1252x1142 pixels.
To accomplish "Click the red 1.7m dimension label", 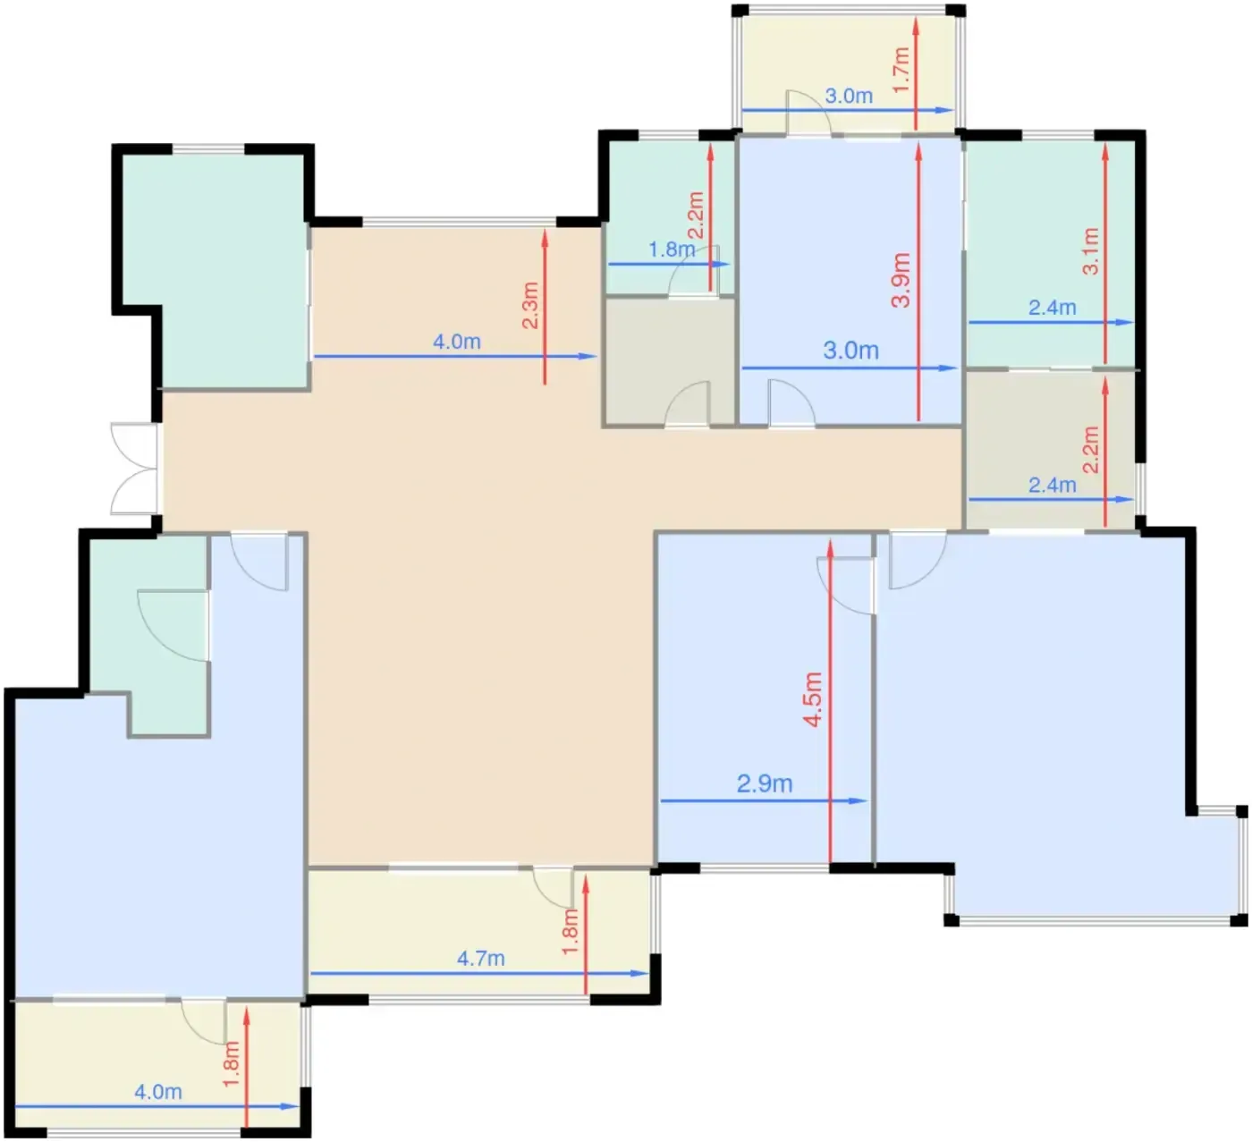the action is [x=901, y=70].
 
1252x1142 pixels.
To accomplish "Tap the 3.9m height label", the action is [x=901, y=280].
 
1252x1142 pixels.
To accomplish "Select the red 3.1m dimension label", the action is [x=1090, y=251].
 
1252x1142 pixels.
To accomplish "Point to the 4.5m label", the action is [x=813, y=700].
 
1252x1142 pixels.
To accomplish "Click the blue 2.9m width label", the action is [x=765, y=783].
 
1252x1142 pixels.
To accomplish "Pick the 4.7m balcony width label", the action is [x=480, y=959].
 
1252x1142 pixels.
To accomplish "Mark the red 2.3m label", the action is [x=529, y=306].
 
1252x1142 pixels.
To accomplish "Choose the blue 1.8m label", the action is [x=672, y=250].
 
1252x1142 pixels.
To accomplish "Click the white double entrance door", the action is [x=134, y=469].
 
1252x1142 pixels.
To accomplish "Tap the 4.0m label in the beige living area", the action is [x=457, y=342].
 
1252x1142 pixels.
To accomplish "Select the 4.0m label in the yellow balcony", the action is [x=158, y=1092].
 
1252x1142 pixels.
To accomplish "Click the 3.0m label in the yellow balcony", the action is [x=849, y=97].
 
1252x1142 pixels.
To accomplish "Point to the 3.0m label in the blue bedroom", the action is [x=850, y=351].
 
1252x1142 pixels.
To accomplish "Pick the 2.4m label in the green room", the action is [x=1053, y=308].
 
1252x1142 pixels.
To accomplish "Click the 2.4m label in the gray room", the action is [x=1053, y=485].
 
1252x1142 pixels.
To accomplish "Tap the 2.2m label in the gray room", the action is [x=1090, y=450].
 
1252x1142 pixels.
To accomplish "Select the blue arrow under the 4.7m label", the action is [x=479, y=973].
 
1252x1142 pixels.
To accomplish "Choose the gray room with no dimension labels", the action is [x=669, y=361].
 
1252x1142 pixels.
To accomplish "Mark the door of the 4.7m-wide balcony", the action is [x=554, y=888].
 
